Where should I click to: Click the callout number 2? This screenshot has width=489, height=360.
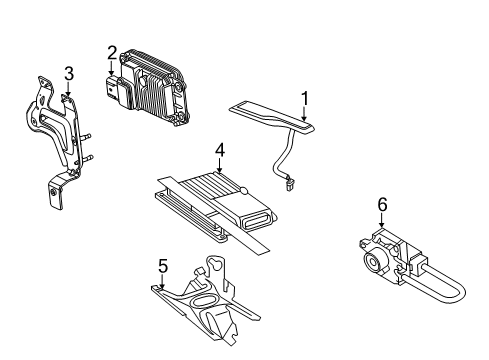point(112,52)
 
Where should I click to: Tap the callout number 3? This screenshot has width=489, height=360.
point(68,72)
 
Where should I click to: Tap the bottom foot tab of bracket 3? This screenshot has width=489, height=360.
point(52,195)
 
